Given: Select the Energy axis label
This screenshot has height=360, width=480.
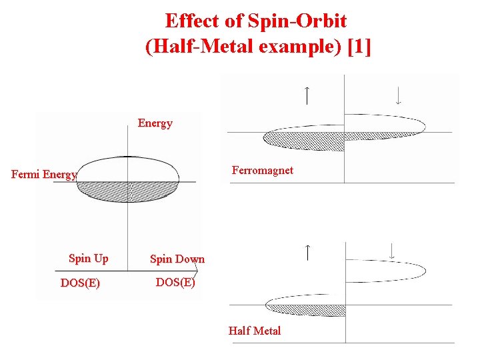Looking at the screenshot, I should point(155,123).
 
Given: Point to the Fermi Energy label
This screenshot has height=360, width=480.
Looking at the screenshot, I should point(45,175).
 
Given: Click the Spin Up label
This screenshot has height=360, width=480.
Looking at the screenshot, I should point(88,258).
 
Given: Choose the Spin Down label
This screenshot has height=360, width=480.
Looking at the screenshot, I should point(177,259).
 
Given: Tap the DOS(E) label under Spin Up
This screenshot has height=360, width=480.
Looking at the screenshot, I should point(80,283).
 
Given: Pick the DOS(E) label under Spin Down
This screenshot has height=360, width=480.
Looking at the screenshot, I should point(175,282).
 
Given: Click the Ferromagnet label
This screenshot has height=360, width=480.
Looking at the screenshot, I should point(262,170).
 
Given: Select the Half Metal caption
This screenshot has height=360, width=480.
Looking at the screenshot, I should point(254,331).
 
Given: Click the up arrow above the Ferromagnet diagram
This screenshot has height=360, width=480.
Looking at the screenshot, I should point(306,95).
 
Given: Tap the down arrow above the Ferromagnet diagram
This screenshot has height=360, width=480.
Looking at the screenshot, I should point(398,95).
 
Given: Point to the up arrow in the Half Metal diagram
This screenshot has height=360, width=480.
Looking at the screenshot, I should point(307,253).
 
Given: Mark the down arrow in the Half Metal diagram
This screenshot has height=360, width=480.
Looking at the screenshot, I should point(392,251).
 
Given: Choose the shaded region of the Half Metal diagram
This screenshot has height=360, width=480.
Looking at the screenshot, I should point(307,310).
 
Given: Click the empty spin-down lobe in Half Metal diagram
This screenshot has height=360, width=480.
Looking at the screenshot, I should point(387,270).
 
